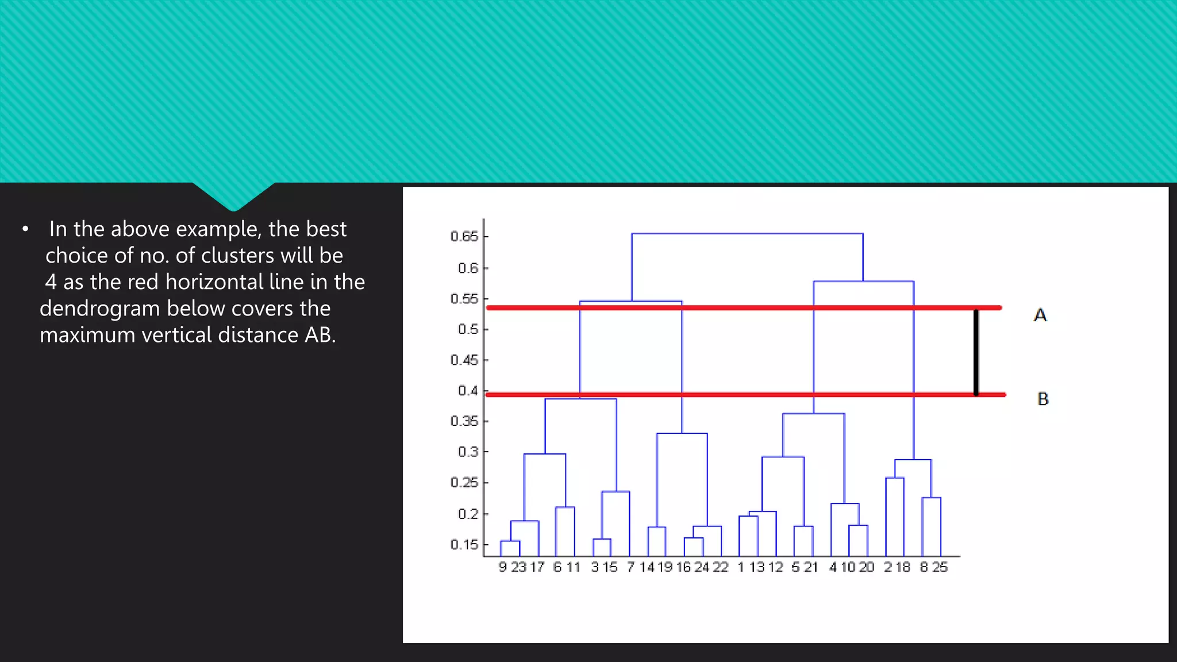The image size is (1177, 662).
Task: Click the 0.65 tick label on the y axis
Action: pyautogui.click(x=464, y=236)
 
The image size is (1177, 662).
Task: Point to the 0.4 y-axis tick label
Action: pyautogui.click(x=467, y=391)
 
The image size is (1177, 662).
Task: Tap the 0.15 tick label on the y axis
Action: pyautogui.click(x=464, y=544)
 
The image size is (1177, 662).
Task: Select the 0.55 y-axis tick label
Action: pyautogui.click(x=464, y=299)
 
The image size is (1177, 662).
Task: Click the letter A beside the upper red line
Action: pyautogui.click(x=1040, y=315)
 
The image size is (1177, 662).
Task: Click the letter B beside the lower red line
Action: pyautogui.click(x=1043, y=399)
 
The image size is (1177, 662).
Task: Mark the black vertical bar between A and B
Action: pyautogui.click(x=976, y=352)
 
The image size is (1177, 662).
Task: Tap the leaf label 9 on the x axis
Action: pyautogui.click(x=503, y=567)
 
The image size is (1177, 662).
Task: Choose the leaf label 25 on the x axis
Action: pyautogui.click(x=940, y=567)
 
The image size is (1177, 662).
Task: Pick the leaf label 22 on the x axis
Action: pyautogui.click(x=721, y=567)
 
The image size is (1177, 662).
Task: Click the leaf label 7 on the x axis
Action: pyautogui.click(x=630, y=567)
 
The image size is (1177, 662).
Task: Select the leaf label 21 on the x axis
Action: pyautogui.click(x=810, y=567)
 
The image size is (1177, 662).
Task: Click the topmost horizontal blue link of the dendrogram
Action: pyautogui.click(x=747, y=233)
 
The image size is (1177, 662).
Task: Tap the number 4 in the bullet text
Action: pyautogui.click(x=51, y=282)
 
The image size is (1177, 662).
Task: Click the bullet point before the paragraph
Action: pyautogui.click(x=25, y=229)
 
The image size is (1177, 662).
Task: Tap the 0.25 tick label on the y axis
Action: pyautogui.click(x=464, y=483)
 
